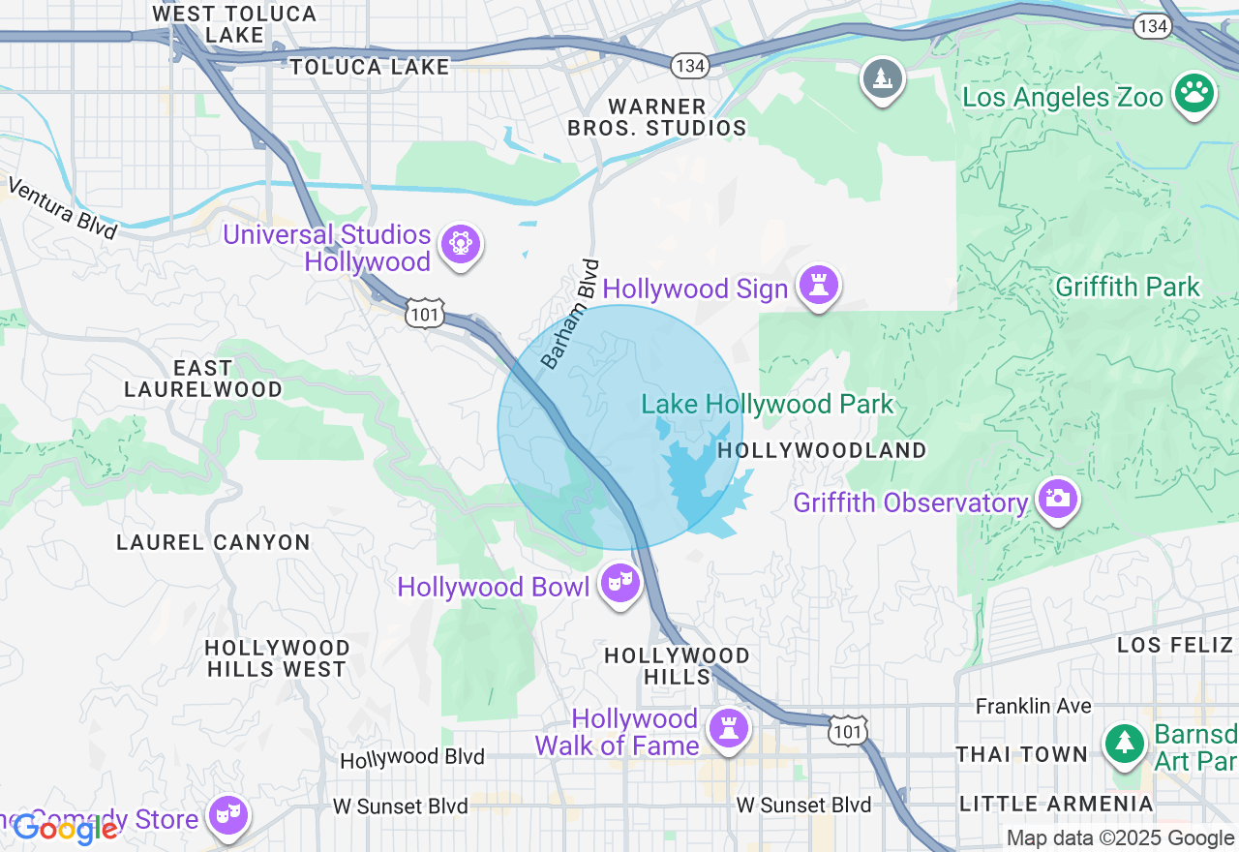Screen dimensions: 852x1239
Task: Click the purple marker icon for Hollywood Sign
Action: pos(819,286)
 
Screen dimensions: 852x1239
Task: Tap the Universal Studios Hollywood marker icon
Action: pos(460,245)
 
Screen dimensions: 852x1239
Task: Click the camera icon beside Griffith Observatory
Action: pos(1057,500)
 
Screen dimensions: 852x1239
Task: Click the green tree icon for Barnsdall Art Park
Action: pos(1125,744)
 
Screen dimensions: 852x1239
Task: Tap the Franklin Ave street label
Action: pos(1033,706)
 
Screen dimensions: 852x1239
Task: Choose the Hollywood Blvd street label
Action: pos(412,758)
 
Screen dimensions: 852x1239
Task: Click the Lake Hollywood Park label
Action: pos(768,404)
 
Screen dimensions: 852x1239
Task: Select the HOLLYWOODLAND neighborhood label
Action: pos(822,450)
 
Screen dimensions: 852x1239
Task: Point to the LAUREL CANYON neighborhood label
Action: pos(213,542)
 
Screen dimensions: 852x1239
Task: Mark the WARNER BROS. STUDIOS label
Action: pos(656,117)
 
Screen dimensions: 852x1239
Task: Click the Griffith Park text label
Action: pos(1128,287)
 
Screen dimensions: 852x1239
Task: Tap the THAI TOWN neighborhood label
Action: pos(1021,754)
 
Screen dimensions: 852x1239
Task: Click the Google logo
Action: pos(65,829)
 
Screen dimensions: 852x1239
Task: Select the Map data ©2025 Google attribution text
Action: pos(1120,838)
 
